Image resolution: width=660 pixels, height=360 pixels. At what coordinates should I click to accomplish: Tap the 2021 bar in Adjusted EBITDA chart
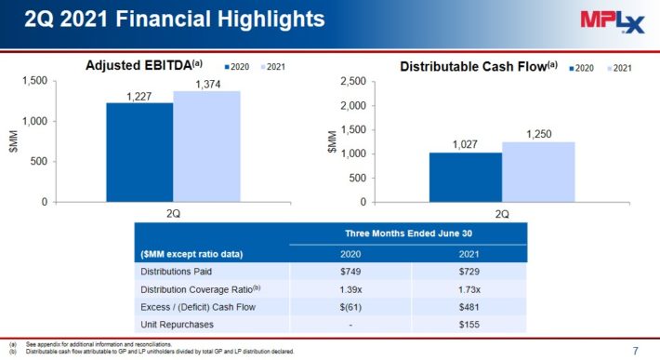[x=206, y=146]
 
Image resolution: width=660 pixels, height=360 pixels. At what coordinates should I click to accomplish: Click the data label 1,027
[x=466, y=145]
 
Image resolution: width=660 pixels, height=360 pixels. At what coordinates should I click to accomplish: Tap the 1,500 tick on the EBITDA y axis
[x=33, y=82]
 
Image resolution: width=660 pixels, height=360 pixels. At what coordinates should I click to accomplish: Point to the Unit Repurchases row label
[x=178, y=324]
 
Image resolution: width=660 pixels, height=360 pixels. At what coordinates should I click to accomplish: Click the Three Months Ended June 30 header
[x=408, y=233]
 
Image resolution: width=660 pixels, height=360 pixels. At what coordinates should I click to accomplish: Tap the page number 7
[x=635, y=351]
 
